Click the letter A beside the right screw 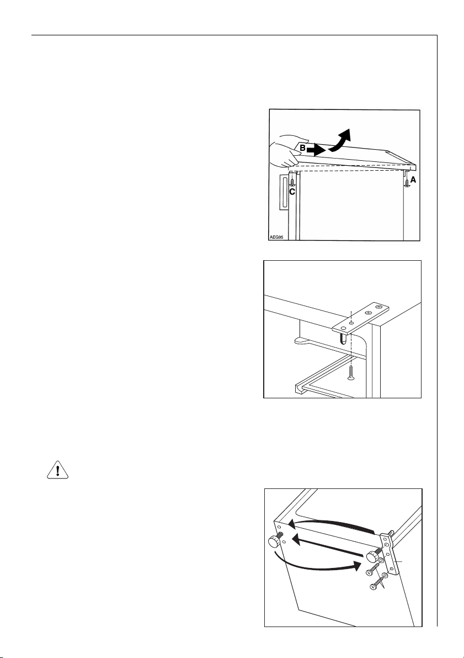413,180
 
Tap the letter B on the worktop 303,148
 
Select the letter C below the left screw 292,192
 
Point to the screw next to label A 406,182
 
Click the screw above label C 292,181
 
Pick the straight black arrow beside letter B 316,149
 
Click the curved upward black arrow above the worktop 340,140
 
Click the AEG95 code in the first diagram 276,236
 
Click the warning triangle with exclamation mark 57,470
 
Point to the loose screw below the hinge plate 350,372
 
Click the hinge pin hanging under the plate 343,338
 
